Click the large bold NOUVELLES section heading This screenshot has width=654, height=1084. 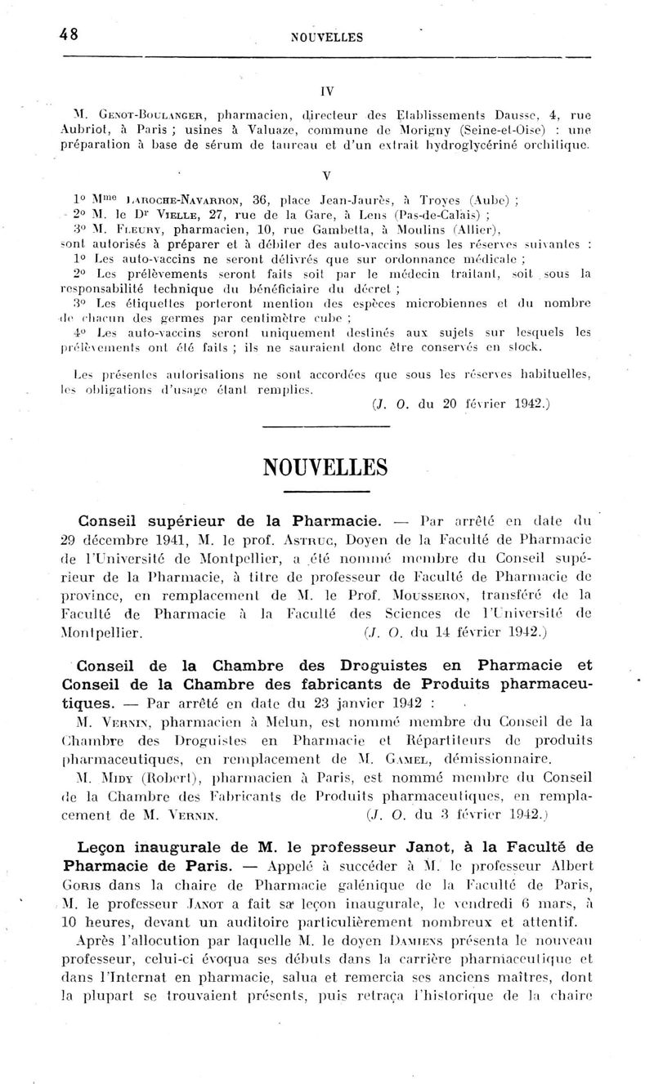tap(325, 467)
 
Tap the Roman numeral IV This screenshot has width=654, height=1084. tap(326, 91)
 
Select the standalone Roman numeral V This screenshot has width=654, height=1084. tap(326, 176)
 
